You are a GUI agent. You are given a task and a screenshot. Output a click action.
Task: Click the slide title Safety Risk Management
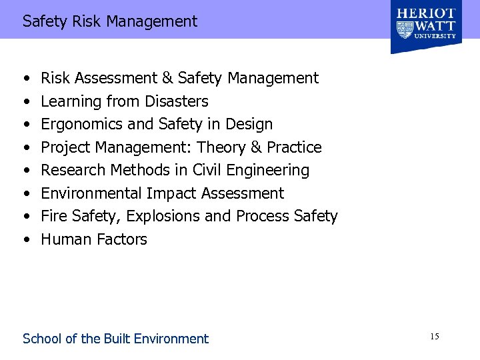110,21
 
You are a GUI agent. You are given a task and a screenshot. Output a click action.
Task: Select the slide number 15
434,337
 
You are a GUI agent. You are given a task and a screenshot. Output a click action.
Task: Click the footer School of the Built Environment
115,339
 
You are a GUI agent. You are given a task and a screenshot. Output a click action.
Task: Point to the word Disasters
177,101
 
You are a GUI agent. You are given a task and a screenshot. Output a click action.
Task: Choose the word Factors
122,239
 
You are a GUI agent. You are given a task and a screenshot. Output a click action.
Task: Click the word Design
250,124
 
